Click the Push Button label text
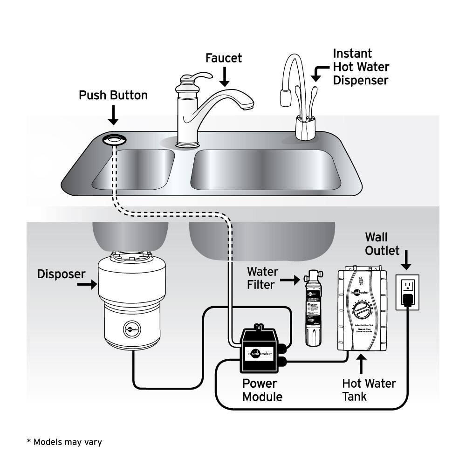(x=113, y=96)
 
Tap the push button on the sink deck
(x=113, y=138)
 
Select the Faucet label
(x=224, y=58)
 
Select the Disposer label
(x=62, y=274)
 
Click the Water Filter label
(x=262, y=278)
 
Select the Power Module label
(x=262, y=391)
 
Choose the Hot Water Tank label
(x=369, y=390)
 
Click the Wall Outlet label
(x=382, y=244)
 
